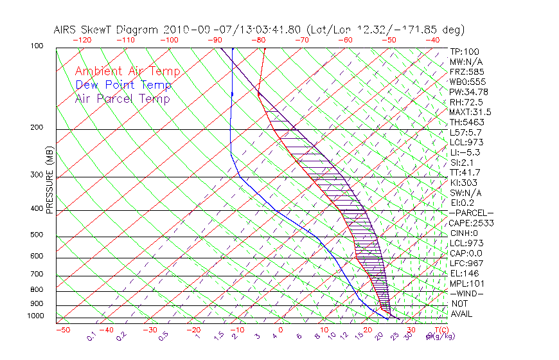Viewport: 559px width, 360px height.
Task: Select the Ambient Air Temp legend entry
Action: point(127,72)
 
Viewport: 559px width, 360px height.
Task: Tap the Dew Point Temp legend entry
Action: point(123,85)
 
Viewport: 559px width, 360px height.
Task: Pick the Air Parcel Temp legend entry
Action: point(123,99)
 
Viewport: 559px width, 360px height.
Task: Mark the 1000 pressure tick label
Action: point(36,316)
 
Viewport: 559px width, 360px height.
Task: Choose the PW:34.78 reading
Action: point(466,92)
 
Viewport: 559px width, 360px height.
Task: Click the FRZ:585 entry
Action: point(463,72)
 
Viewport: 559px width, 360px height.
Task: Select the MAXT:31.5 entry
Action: point(466,112)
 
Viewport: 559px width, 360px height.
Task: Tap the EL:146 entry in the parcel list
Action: point(461,273)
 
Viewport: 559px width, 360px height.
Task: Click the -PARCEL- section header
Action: point(471,213)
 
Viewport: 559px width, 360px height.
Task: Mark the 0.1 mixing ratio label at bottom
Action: point(91,335)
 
